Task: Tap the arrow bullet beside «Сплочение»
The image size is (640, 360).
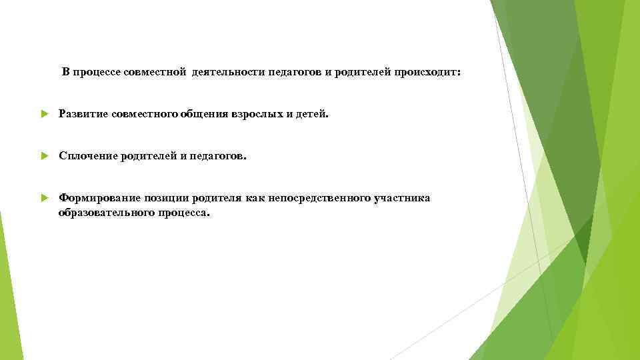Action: (x=44, y=156)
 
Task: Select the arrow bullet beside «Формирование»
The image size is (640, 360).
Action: (x=44, y=198)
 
